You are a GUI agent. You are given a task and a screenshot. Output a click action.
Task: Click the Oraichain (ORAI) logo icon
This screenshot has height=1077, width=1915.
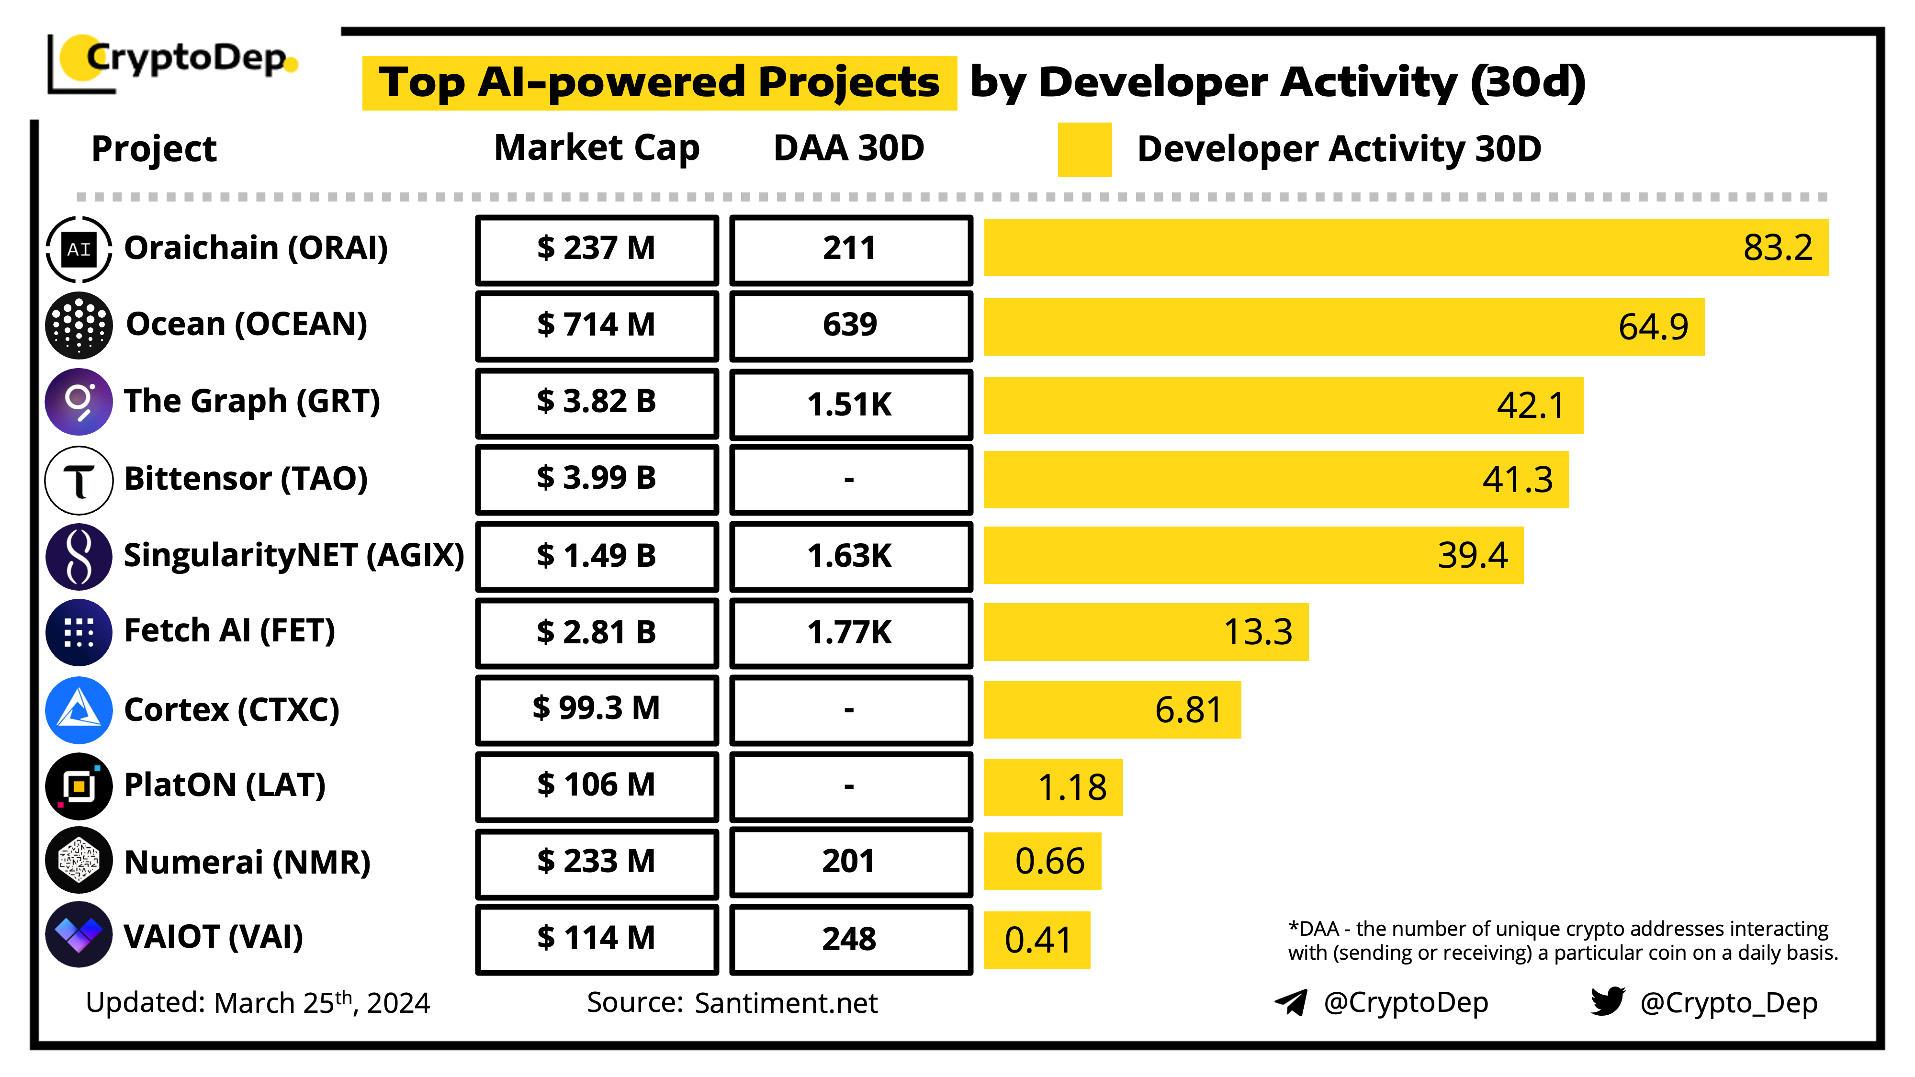coord(79,249)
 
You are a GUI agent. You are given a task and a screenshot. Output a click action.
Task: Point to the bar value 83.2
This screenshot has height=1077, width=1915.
coord(1778,247)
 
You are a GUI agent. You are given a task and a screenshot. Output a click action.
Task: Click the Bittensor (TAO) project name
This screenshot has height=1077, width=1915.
coord(245,479)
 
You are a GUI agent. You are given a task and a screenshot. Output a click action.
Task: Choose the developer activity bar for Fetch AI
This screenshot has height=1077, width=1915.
coord(1145,632)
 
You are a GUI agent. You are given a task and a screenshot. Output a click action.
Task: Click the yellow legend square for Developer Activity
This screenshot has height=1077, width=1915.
coord(1084,149)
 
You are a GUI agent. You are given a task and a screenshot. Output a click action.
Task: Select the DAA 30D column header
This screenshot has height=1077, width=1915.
coord(848,148)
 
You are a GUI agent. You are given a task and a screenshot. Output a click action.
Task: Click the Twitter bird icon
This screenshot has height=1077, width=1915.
coord(1607,1002)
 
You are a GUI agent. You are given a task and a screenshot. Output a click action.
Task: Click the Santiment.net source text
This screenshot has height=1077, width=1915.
coord(786,1003)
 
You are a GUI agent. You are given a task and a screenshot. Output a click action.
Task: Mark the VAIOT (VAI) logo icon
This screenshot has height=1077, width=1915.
coord(79,935)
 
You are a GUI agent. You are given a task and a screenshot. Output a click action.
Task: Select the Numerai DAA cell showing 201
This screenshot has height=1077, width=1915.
coord(850,862)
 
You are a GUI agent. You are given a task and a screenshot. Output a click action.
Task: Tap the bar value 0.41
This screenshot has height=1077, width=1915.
coord(1038,940)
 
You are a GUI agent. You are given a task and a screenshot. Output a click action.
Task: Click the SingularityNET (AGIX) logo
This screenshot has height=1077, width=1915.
coord(79,555)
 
